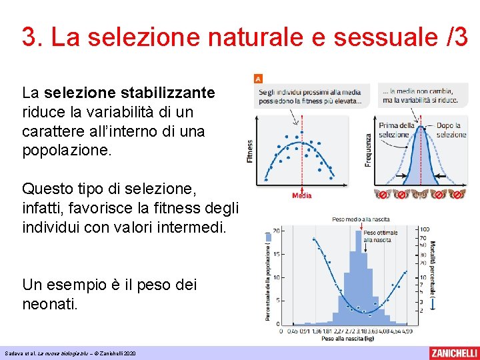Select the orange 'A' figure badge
(258, 78)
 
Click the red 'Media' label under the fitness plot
(301, 195)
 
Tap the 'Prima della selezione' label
(397, 130)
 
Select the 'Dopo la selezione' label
(451, 130)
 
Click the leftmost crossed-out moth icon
(383, 195)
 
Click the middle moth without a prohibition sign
(420, 195)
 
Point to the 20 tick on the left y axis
(276, 231)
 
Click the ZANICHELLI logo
(453, 353)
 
